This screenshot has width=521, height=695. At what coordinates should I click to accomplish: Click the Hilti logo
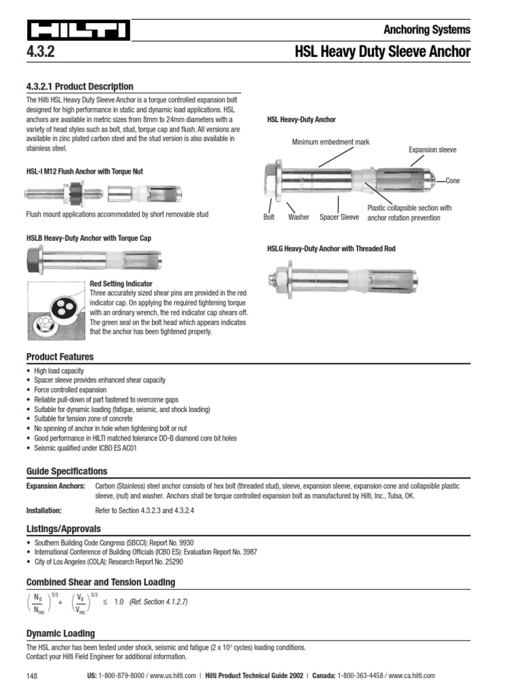[x=78, y=31]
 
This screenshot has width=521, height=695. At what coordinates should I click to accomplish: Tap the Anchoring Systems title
[x=427, y=29]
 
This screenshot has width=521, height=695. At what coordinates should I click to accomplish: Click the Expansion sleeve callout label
[x=432, y=149]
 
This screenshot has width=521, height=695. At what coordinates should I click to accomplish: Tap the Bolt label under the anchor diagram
[x=269, y=217]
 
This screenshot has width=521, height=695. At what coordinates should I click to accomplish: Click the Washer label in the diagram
[x=298, y=217]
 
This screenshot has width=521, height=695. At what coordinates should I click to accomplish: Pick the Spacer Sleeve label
[x=339, y=217]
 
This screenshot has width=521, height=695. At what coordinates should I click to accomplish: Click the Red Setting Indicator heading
[x=121, y=284]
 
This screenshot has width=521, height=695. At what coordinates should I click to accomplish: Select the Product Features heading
[x=60, y=357]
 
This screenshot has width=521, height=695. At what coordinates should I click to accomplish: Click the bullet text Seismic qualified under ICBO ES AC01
[x=80, y=448]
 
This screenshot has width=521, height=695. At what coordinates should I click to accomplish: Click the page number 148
[x=33, y=676]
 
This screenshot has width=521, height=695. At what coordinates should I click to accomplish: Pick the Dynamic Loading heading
[x=60, y=633]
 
